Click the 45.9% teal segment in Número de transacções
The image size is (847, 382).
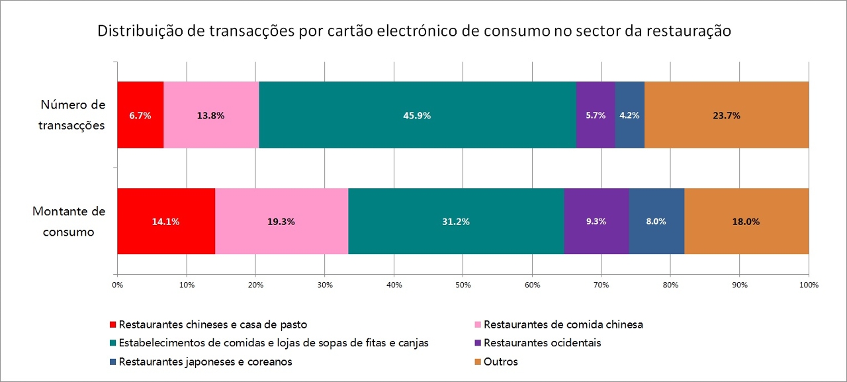417,115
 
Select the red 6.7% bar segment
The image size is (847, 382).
140,115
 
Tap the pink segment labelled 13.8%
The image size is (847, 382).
211,115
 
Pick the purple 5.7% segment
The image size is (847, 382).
596,115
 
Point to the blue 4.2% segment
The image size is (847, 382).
629,115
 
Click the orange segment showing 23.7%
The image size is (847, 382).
726,115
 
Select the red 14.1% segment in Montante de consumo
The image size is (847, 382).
166,221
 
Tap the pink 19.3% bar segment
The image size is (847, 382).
281,221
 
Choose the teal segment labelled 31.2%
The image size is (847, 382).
456,221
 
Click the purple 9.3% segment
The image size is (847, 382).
596,221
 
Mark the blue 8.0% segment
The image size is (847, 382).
656,221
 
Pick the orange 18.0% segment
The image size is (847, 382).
746,221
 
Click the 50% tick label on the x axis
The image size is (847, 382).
463,285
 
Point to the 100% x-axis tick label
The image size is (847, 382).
809,285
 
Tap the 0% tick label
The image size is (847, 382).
117,285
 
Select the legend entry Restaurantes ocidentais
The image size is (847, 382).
542,343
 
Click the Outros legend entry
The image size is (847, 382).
500,361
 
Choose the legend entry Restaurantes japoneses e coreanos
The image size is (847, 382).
205,361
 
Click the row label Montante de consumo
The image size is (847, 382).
69,222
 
